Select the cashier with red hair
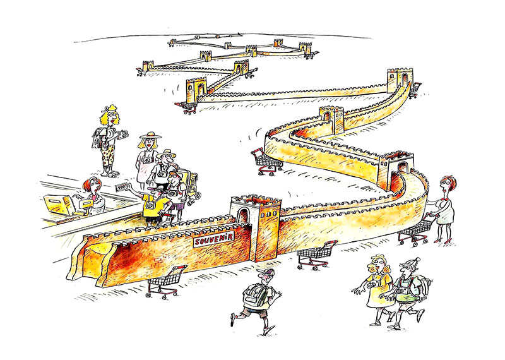(93, 196)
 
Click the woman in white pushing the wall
(443, 208)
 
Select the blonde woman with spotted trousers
(109, 140)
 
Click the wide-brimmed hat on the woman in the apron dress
(150, 135)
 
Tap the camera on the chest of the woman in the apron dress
(148, 160)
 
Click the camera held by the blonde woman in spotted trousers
(123, 134)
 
